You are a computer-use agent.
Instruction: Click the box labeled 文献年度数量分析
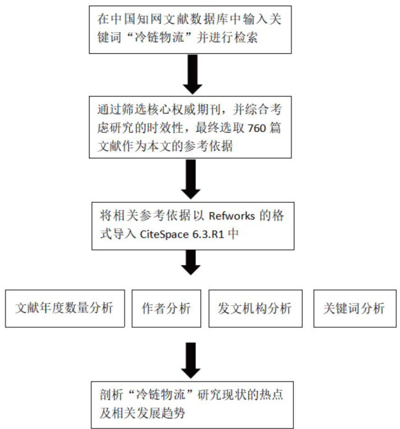point(65,308)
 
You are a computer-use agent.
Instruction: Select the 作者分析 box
point(166,308)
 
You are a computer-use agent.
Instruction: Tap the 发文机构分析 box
point(254,308)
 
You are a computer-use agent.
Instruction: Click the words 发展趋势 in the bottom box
point(163,410)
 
